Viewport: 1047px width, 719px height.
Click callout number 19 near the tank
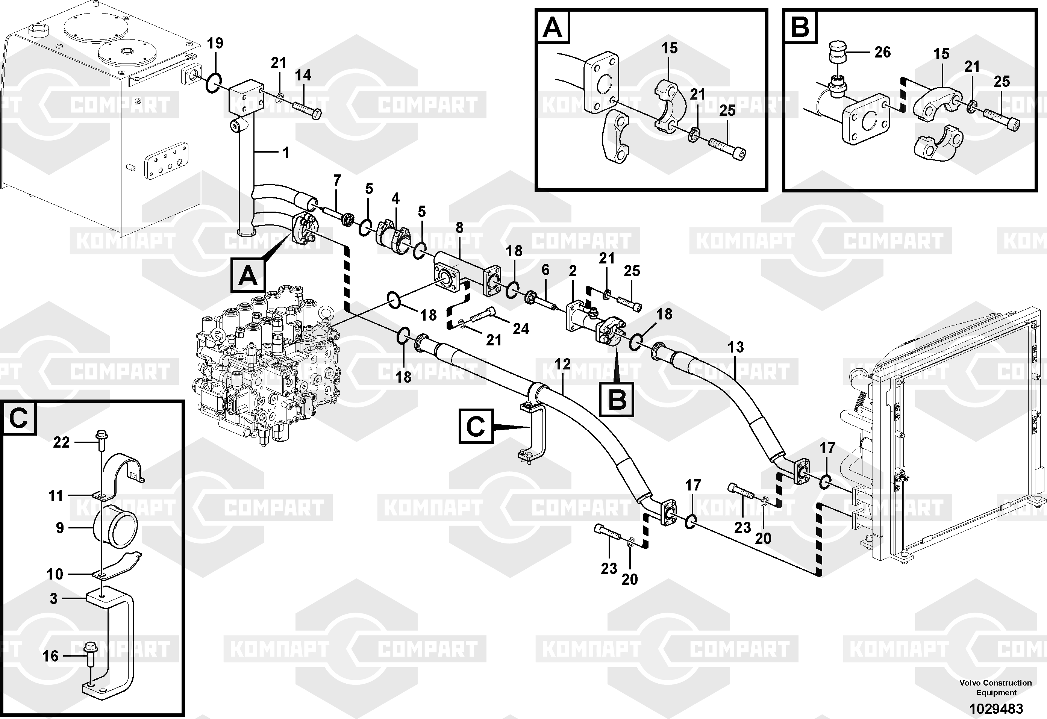(x=215, y=44)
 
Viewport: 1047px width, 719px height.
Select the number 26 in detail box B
(x=882, y=52)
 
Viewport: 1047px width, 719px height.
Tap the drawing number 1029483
(x=996, y=708)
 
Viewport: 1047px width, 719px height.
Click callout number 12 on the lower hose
(x=562, y=364)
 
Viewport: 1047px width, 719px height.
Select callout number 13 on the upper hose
(x=736, y=347)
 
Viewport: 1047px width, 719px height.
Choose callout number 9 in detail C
(x=60, y=528)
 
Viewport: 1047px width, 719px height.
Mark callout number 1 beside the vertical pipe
(x=286, y=153)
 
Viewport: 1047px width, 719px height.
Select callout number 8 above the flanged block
(x=459, y=228)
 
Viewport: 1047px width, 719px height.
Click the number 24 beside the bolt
(x=521, y=329)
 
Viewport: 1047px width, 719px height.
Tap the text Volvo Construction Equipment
(x=995, y=687)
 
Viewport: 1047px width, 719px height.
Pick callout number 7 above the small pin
(x=337, y=181)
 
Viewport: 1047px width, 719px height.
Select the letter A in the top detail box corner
(x=552, y=27)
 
